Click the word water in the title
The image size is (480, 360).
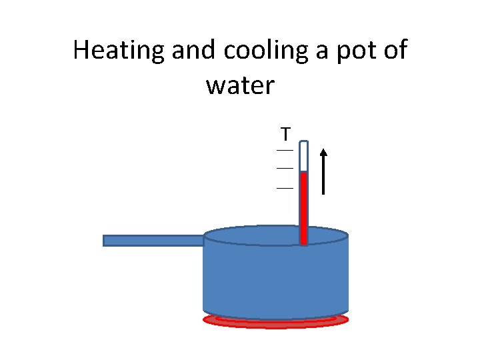point(240,85)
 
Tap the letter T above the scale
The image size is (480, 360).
point(285,134)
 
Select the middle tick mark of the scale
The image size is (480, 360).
point(285,169)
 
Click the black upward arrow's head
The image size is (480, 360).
point(323,153)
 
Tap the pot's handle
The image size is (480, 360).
point(153,241)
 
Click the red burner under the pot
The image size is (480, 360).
point(275,322)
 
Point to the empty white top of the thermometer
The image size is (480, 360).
point(303,157)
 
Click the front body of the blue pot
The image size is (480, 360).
point(275,280)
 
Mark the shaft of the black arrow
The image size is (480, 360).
point(323,177)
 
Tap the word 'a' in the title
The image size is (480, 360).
point(322,51)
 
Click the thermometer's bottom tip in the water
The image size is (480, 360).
point(303,241)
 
